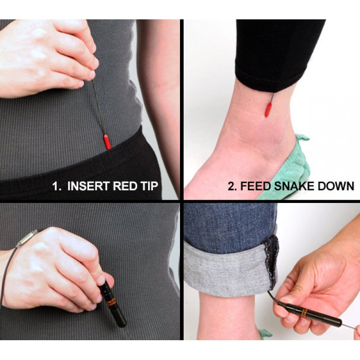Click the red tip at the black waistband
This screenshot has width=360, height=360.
point(107,142)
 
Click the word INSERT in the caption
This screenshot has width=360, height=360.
point(88,186)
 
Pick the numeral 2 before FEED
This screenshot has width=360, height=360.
point(232,186)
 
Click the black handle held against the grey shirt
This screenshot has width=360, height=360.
point(112,305)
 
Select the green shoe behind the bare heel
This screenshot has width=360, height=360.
point(296,165)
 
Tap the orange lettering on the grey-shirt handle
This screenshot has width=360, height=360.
point(111,303)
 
